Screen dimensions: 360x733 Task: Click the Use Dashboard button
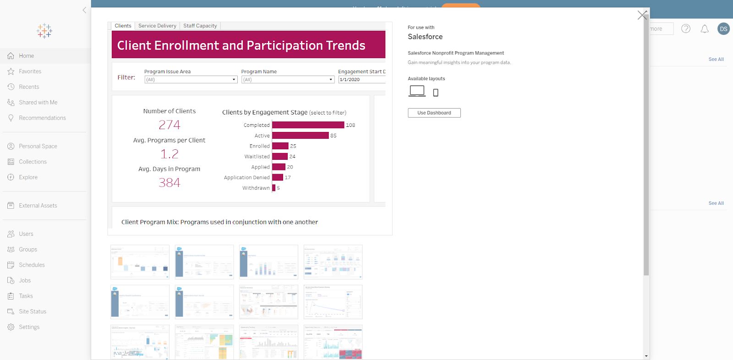pos(434,113)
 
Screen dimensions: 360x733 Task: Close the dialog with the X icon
pos(642,15)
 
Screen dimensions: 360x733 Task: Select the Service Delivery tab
pos(157,26)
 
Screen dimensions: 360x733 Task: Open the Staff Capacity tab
pos(200,26)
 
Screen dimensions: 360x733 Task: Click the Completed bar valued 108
pos(308,125)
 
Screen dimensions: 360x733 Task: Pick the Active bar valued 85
pos(300,136)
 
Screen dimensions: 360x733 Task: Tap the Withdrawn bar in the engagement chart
pos(274,188)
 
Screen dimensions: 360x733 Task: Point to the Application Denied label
pos(246,178)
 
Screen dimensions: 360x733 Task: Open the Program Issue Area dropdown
pos(191,80)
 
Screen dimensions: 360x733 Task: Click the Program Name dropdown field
pos(288,80)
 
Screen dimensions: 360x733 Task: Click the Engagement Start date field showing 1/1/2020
pos(361,80)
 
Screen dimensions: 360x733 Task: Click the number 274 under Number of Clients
pos(169,125)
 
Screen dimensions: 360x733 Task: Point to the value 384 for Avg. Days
pos(169,183)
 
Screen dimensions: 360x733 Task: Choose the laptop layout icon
pos(417,91)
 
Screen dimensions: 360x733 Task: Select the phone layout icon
pos(436,93)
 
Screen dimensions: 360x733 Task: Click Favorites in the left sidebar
pos(30,71)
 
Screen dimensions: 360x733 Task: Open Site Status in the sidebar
pos(32,311)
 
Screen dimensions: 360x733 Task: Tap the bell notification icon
pos(705,29)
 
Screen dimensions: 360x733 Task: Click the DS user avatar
pos(723,29)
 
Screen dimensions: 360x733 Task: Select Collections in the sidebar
pos(33,162)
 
